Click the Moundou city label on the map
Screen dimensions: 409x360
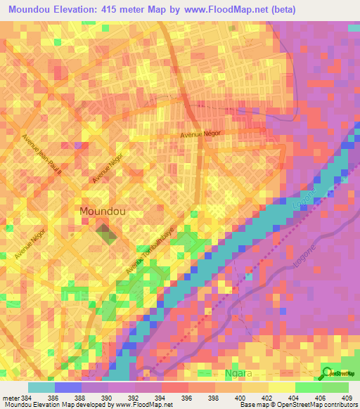pos(104,211)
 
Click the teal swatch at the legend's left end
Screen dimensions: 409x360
pos(41,387)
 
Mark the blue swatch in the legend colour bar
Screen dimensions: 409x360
pos(68,387)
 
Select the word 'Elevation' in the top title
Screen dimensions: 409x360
pos(84,10)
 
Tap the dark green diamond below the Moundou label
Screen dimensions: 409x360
pos(103,233)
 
